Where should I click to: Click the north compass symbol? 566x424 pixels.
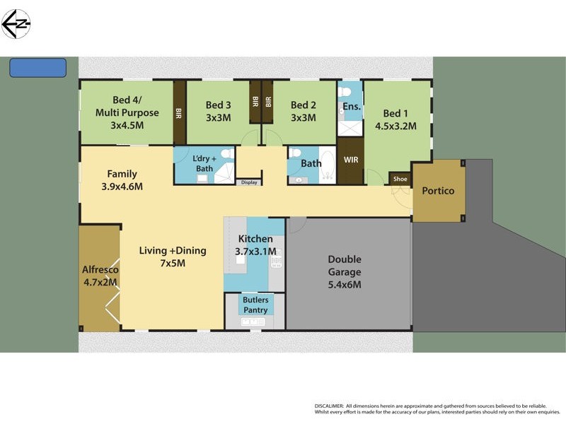point(16,24)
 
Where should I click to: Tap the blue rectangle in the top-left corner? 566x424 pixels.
point(37,68)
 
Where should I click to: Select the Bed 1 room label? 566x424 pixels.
point(395,119)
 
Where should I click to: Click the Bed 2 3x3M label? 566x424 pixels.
point(303,112)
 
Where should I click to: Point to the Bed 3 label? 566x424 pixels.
point(218,112)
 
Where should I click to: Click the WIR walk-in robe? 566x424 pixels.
point(351,160)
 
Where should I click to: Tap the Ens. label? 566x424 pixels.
point(352,107)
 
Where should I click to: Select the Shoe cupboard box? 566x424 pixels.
point(400,179)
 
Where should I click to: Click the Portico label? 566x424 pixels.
point(438,191)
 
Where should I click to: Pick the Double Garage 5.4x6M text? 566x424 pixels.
point(344,272)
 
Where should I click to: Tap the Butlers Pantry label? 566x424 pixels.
point(255,305)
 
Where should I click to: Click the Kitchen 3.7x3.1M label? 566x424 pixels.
point(255,245)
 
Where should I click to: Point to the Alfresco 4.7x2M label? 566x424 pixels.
point(100,276)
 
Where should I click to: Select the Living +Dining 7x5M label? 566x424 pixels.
point(172,257)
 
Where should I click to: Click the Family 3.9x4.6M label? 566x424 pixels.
point(122,180)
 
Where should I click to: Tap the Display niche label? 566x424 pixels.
point(249,182)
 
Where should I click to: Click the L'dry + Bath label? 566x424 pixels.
point(204,163)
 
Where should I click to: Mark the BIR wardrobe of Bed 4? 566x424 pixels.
point(179,112)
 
